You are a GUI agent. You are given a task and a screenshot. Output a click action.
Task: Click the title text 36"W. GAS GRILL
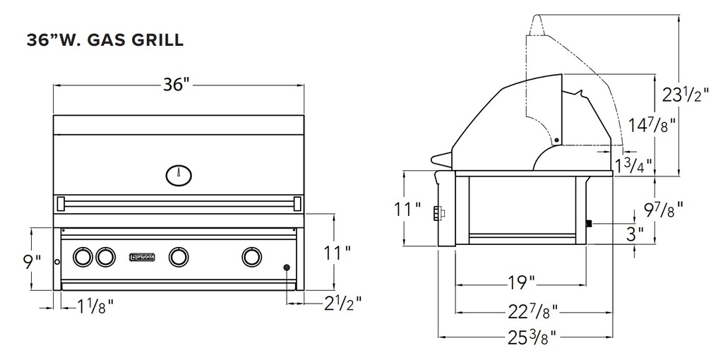[105, 40]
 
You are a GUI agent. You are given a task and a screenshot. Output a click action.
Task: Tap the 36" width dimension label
[177, 85]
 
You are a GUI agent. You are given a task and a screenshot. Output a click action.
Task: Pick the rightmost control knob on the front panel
[251, 257]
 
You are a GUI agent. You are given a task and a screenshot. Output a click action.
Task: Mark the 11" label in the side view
[407, 210]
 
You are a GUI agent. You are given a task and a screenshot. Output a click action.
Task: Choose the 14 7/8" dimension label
[651, 126]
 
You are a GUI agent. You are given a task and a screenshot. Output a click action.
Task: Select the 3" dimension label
[635, 233]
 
